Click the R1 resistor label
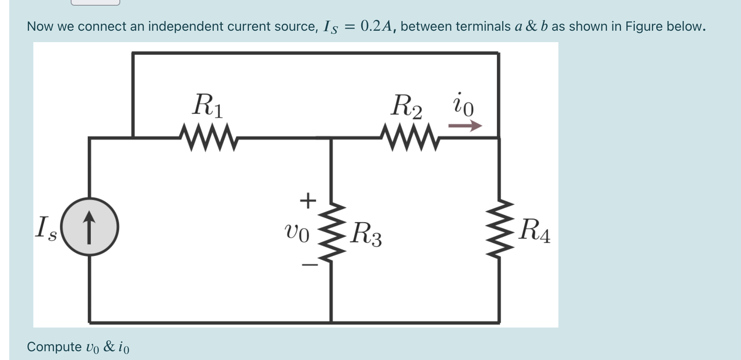[208, 106]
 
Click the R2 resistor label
[406, 107]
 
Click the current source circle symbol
[90, 227]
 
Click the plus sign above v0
[308, 201]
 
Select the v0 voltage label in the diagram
[297, 233]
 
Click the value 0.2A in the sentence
[376, 26]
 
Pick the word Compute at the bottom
[54, 347]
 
